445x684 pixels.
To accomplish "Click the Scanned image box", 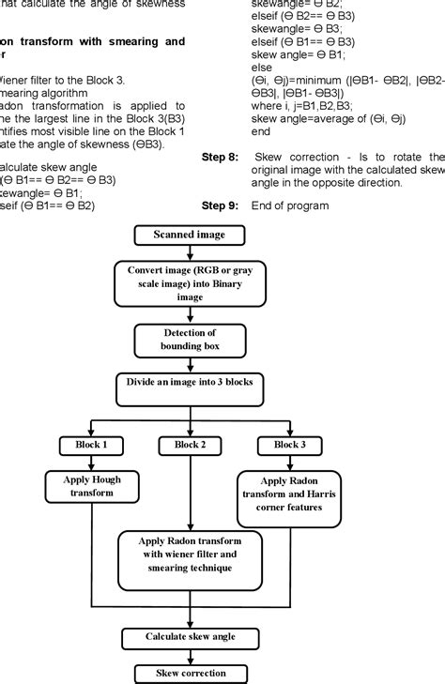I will [x=191, y=235].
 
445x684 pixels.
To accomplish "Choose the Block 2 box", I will [x=190, y=444].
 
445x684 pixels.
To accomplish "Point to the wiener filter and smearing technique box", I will [x=189, y=558].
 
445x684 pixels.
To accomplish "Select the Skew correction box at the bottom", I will [x=191, y=673].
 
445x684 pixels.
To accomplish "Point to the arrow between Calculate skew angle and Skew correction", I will [x=191, y=656].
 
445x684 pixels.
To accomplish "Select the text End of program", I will [x=291, y=205].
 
